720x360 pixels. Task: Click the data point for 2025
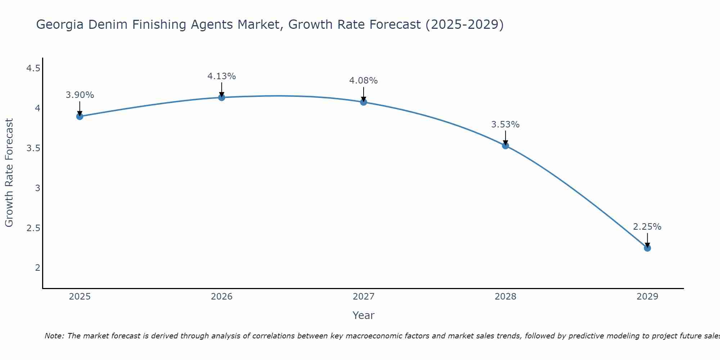(80, 116)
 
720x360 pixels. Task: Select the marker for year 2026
(222, 98)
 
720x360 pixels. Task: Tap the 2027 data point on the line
(364, 102)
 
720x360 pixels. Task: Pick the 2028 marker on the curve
(505, 146)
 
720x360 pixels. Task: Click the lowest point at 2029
(647, 248)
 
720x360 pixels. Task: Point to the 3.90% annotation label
(80, 95)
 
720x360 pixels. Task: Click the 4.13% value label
(222, 76)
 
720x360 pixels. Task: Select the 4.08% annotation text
(364, 81)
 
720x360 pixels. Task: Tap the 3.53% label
(505, 125)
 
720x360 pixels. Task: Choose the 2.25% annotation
(647, 227)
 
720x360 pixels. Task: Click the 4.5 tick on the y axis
(33, 68)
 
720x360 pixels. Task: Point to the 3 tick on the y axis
(37, 188)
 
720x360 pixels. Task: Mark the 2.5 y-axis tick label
(33, 228)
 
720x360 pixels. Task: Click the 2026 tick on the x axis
(222, 297)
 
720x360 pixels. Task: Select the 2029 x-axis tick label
(647, 297)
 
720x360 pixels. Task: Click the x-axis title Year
(364, 315)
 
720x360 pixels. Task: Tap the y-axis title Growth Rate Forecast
(9, 173)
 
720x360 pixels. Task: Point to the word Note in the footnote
(54, 336)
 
